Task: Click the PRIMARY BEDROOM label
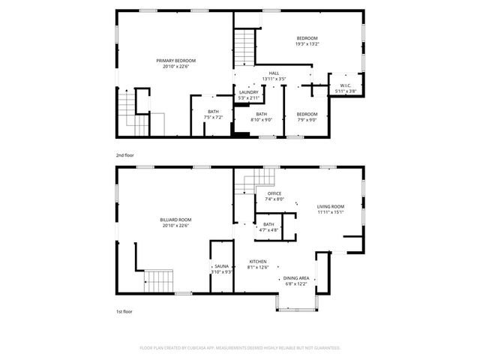[175, 61]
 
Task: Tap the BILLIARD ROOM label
[175, 220]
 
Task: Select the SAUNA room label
[221, 266]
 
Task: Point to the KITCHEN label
[259, 262]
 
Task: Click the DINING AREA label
[295, 279]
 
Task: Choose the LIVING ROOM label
[330, 206]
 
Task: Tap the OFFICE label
[274, 193]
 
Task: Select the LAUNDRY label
[248, 92]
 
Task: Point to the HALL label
[274, 73]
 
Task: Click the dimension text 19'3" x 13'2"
[307, 43]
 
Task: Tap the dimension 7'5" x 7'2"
[214, 117]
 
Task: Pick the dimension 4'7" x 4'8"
[268, 229]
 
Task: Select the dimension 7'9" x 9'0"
[307, 118]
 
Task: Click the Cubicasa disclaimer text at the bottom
[240, 348]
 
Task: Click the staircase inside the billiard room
[159, 280]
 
